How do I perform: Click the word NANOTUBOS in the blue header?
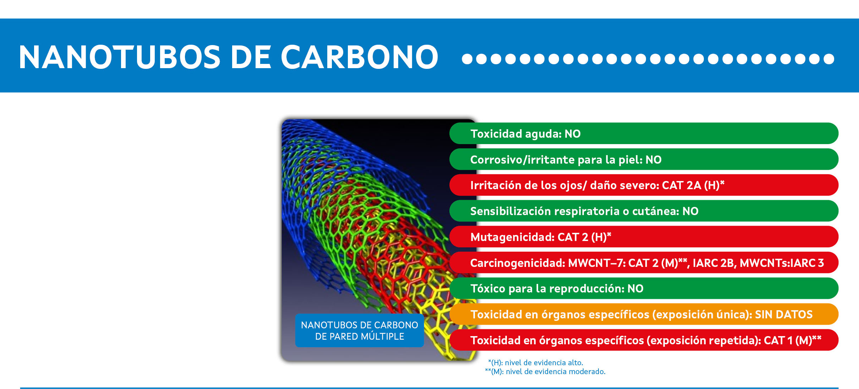pyautogui.click(x=120, y=57)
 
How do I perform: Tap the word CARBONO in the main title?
pyautogui.click(x=360, y=57)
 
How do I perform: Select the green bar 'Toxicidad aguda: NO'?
pyautogui.click(x=644, y=133)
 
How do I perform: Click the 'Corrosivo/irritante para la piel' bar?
pyautogui.click(x=644, y=159)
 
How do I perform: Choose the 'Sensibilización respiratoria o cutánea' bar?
pyautogui.click(x=644, y=211)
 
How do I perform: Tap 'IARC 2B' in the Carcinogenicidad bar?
pyautogui.click(x=714, y=263)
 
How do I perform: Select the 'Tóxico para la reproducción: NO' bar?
pyautogui.click(x=644, y=288)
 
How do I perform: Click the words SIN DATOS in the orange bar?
pyautogui.click(x=784, y=314)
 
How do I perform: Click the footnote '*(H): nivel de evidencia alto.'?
pyautogui.click(x=536, y=363)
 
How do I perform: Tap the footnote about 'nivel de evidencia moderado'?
pyautogui.click(x=545, y=372)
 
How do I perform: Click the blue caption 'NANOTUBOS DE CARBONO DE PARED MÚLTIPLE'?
pyautogui.click(x=360, y=330)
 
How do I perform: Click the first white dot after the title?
pyautogui.click(x=467, y=59)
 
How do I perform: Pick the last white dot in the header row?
pyautogui.click(x=829, y=59)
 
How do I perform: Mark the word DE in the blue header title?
pyautogui.click(x=251, y=57)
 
